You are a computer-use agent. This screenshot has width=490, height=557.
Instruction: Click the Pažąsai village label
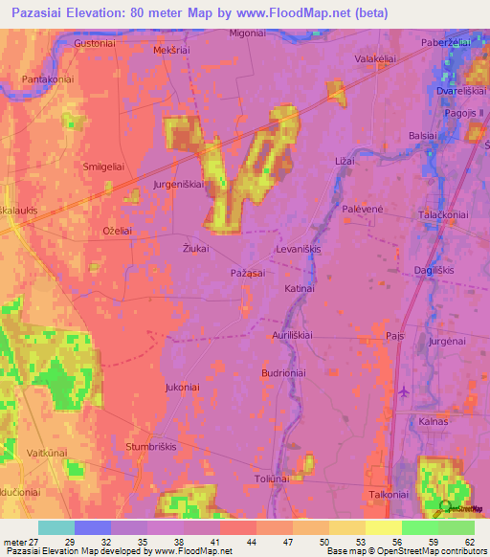point(247,274)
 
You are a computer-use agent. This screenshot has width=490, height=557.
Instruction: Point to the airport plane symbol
point(404,390)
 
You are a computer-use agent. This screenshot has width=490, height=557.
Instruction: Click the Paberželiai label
point(446,44)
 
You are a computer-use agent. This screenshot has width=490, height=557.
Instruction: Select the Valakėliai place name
point(375,59)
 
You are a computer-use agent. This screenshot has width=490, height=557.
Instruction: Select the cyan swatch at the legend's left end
point(56,527)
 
